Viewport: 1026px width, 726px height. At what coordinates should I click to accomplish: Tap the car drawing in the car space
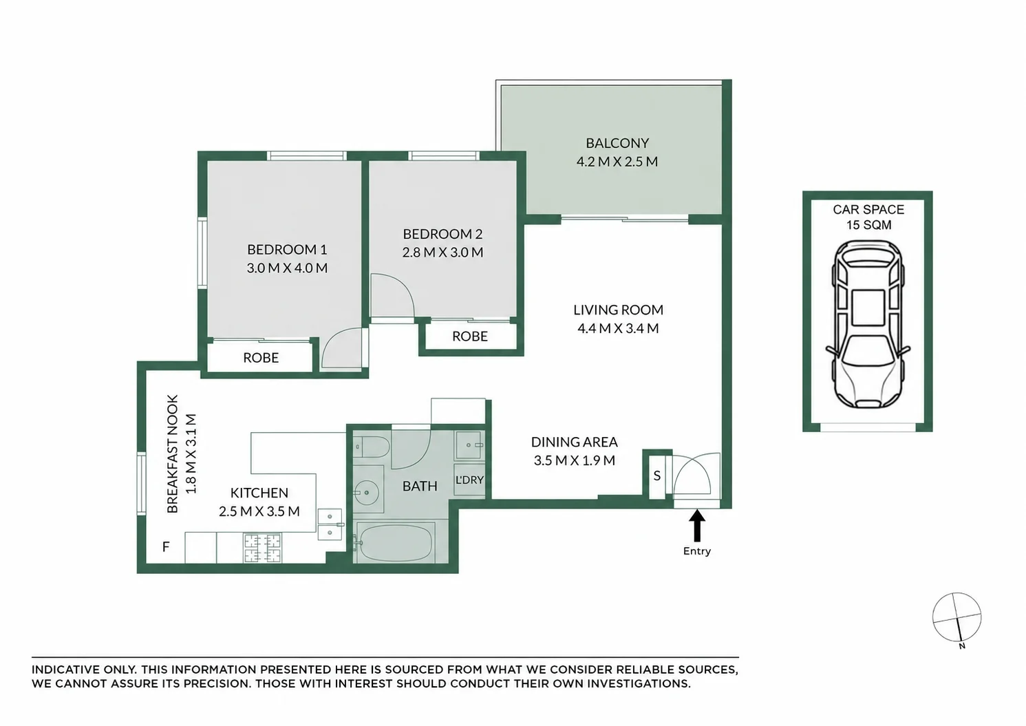(868, 324)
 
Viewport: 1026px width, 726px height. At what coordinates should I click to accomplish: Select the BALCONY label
(617, 143)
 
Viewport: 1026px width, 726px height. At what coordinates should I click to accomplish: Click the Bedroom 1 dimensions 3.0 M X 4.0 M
(287, 268)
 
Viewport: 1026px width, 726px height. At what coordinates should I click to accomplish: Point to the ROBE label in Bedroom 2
(469, 337)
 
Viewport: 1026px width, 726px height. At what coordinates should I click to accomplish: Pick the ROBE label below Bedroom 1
(261, 358)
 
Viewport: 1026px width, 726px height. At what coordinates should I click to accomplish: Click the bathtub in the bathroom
(396, 543)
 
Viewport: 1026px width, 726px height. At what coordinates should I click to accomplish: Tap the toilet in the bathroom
(371, 447)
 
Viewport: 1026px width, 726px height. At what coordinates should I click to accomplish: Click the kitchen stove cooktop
(262, 548)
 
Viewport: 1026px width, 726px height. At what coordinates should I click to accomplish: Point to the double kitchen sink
(330, 524)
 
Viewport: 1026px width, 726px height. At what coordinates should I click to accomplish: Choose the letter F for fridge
(166, 546)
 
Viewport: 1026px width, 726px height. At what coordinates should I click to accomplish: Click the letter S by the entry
(657, 476)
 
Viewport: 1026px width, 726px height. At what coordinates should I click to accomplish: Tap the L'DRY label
(469, 480)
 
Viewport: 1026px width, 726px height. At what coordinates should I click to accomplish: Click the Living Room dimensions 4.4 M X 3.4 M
(618, 328)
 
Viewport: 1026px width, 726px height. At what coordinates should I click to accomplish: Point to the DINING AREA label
(575, 442)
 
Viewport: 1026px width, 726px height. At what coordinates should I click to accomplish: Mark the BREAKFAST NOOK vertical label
(172, 454)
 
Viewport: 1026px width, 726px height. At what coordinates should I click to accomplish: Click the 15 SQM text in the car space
(868, 225)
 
